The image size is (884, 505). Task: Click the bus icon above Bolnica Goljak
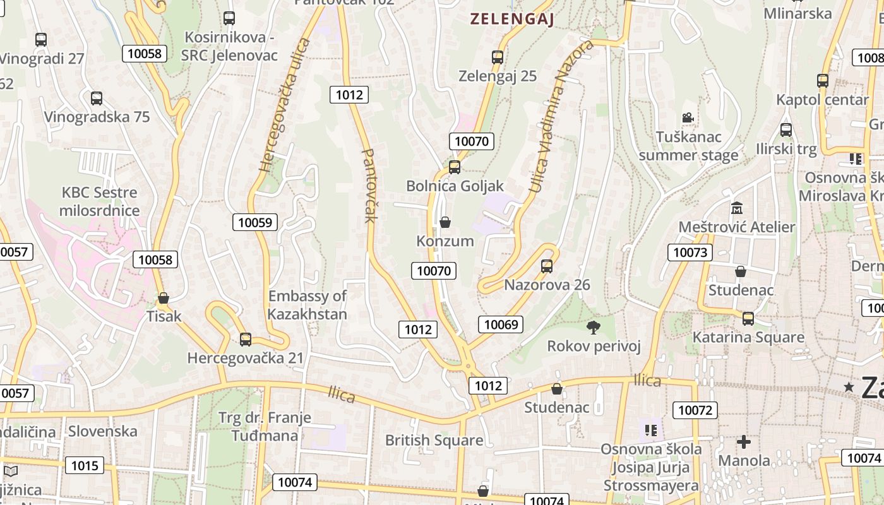point(454,167)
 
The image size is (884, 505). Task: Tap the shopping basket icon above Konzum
point(445,222)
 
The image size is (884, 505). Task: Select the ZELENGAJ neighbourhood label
point(512,20)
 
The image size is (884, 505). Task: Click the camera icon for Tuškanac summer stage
point(688,118)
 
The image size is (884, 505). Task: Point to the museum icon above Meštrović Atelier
point(736,208)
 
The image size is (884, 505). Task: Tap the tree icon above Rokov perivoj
point(593,327)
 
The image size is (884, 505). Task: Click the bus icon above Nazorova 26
point(547,266)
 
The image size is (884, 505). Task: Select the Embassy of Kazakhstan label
point(308,305)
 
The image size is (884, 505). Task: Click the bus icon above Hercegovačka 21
point(246,340)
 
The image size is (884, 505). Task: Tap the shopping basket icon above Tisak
point(164,298)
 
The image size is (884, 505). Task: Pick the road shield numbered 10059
point(255,222)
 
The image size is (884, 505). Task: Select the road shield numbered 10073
point(690,252)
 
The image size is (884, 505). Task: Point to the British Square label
point(434,440)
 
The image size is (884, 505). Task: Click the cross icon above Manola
point(744,442)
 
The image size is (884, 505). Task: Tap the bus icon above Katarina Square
point(748,319)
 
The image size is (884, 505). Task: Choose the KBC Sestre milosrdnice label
point(99,201)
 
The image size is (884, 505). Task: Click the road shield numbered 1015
point(85,465)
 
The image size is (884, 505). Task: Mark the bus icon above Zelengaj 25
point(498,57)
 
